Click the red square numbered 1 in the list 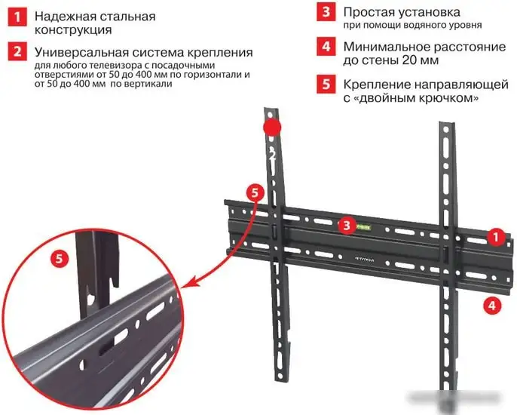[16, 17]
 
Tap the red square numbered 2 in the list [16, 53]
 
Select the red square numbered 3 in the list [325, 13]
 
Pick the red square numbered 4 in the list [325, 48]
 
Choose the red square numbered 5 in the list [325, 84]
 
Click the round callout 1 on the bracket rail [494, 237]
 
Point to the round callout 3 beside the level [345, 225]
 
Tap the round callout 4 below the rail [491, 306]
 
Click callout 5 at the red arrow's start [255, 192]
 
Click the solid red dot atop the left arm [272, 126]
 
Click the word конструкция [73, 31]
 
